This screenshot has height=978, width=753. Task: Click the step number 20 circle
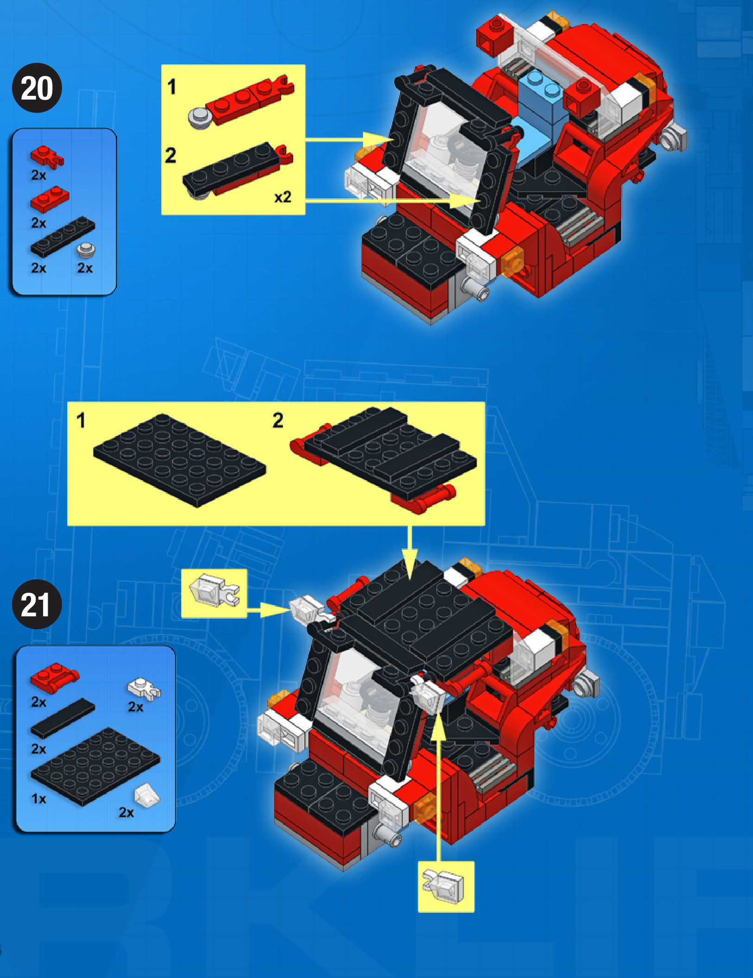pyautogui.click(x=37, y=88)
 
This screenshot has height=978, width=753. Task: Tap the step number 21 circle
pyautogui.click(x=37, y=604)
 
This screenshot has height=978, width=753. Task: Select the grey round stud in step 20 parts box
pyautogui.click(x=86, y=250)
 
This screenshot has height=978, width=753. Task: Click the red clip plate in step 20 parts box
pyautogui.click(x=46, y=156)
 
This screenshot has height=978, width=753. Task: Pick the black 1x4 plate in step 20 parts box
pyautogui.click(x=63, y=237)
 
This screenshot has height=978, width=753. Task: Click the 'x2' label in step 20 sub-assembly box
pyautogui.click(x=282, y=197)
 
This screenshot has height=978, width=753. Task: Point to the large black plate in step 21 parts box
pyautogui.click(x=95, y=766)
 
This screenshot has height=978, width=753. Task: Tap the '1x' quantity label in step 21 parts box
pyautogui.click(x=39, y=799)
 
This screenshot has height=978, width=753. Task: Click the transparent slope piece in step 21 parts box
pyautogui.click(x=147, y=795)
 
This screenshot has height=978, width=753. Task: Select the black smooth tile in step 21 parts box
pyautogui.click(x=63, y=717)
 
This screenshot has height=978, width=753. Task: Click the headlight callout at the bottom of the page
pyautogui.click(x=446, y=886)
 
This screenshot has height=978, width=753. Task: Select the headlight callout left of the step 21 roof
pyautogui.click(x=214, y=594)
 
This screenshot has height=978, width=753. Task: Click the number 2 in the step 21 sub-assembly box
pyautogui.click(x=278, y=420)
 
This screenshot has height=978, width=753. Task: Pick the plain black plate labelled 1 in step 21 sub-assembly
pyautogui.click(x=180, y=460)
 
